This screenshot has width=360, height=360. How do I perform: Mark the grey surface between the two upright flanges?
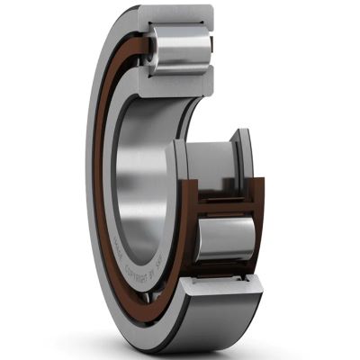(218, 171)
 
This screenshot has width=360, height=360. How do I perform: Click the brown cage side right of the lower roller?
(258, 229)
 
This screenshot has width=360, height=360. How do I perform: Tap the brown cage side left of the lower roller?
(191, 236)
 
